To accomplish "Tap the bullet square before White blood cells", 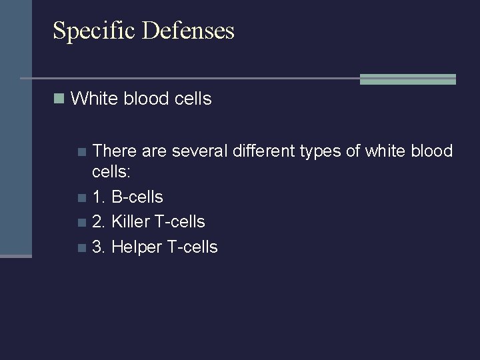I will point(59,99).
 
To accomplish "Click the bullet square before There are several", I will point(81,153).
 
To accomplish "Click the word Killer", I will point(131,222).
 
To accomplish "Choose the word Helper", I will point(137,247).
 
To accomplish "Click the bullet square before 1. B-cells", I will point(81,198).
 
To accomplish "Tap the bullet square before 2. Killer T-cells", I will point(81,223).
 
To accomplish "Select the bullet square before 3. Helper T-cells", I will point(81,248).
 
